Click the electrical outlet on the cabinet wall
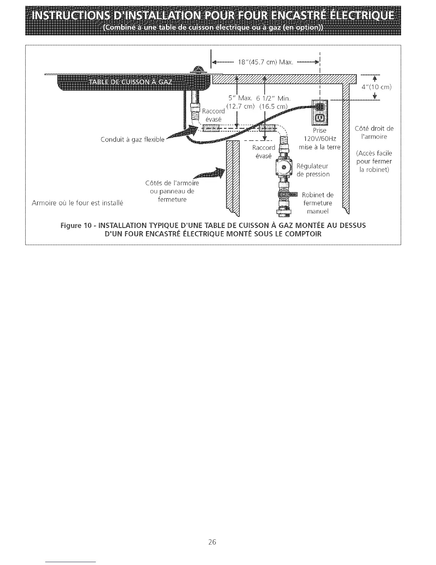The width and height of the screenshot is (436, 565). [x=318, y=110]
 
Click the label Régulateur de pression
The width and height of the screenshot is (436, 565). [x=313, y=170]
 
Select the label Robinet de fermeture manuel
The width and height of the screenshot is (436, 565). [x=317, y=203]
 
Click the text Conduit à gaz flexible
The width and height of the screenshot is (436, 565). [x=133, y=139]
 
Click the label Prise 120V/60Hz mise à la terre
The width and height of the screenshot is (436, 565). [x=319, y=139]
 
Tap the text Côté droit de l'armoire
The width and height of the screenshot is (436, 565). [x=374, y=132]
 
